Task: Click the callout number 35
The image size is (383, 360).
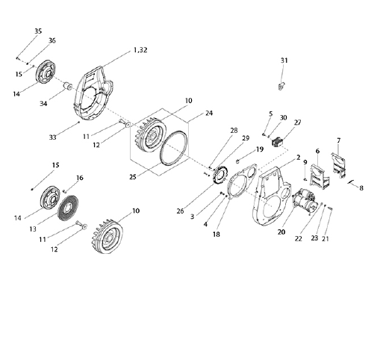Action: (38, 31)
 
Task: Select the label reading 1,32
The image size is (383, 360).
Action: (140, 50)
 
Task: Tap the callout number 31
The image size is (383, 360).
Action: (284, 60)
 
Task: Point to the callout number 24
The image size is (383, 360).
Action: (209, 113)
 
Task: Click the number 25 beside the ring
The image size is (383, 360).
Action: (133, 177)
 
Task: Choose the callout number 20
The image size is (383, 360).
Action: (281, 232)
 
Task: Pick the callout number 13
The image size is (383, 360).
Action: (33, 229)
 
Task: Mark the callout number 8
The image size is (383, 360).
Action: (361, 188)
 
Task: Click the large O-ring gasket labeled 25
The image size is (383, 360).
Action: (174, 148)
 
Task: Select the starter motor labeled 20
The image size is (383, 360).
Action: (305, 201)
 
